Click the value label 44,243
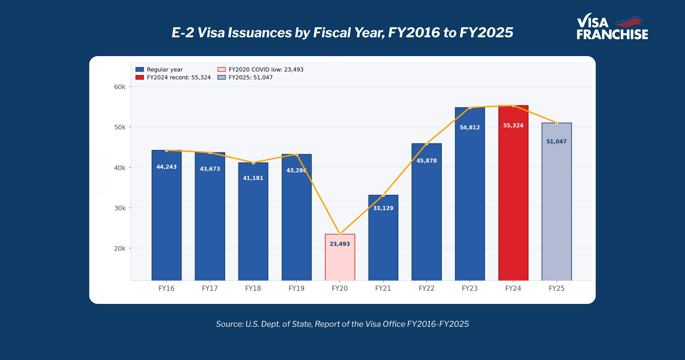(166, 167)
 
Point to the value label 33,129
(383, 208)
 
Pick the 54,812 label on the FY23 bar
(470, 128)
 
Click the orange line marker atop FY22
(427, 144)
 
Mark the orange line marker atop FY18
(253, 163)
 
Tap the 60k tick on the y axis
(120, 87)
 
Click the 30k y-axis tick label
(120, 208)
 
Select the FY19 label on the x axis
(296, 288)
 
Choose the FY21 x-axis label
(383, 288)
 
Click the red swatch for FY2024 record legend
(139, 78)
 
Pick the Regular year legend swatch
(139, 70)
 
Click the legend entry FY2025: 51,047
(250, 78)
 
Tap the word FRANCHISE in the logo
(612, 35)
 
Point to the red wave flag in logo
(629, 22)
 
